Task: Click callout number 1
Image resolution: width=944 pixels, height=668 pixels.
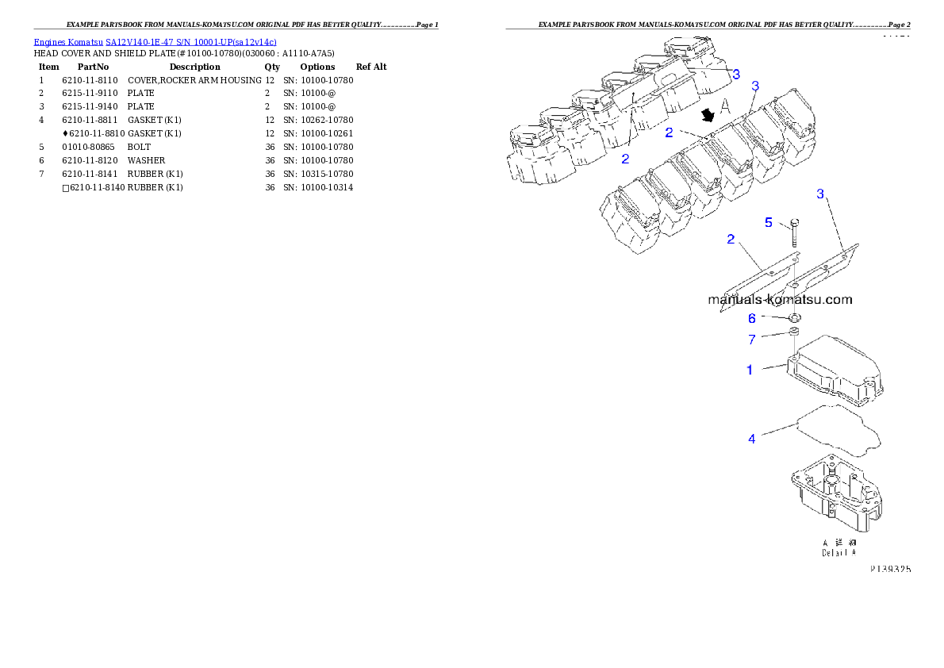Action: tap(749, 370)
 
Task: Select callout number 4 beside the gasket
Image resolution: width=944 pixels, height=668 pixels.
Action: tap(751, 439)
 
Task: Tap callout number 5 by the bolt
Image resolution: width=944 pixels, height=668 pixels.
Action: tap(768, 223)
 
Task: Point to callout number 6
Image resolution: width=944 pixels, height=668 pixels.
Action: tap(751, 319)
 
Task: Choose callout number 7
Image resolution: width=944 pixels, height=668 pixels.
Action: tap(751, 340)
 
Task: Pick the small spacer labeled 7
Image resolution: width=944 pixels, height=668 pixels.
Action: tap(792, 333)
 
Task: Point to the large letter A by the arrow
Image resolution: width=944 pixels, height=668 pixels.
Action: tap(725, 106)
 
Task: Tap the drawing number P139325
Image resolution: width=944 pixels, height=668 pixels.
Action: tap(889, 570)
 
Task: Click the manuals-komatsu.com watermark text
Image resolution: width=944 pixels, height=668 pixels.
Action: tap(779, 300)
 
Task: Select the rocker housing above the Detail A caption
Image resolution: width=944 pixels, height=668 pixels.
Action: tap(837, 496)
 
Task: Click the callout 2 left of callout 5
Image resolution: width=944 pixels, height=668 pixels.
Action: tap(731, 239)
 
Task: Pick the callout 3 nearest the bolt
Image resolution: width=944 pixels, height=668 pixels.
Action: tap(820, 194)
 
